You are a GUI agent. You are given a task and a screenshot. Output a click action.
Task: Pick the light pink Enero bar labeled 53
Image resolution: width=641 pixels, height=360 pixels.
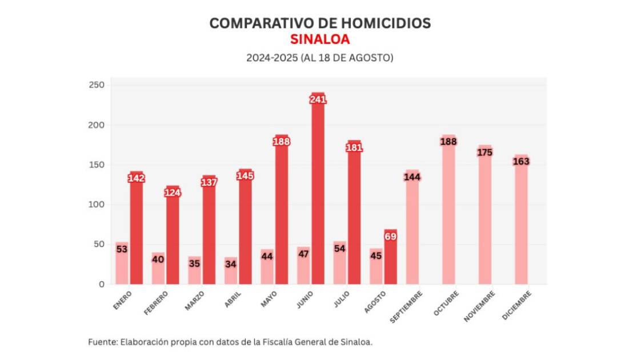point(122,269)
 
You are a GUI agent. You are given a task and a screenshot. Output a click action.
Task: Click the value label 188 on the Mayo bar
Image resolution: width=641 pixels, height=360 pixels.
point(282,142)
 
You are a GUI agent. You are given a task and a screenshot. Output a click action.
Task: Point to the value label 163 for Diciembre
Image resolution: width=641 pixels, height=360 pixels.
point(521,161)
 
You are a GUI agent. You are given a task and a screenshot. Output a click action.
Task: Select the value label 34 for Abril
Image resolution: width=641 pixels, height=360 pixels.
point(231,264)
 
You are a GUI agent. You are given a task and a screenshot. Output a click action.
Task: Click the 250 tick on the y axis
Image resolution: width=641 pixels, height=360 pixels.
point(97,85)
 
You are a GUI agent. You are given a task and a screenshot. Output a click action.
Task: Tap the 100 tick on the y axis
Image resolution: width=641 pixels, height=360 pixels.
point(97,205)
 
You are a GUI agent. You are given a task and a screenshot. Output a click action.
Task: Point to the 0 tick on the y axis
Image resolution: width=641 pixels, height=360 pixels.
point(101,284)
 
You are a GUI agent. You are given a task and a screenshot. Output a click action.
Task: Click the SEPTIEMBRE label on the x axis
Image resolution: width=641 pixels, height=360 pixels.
point(407,306)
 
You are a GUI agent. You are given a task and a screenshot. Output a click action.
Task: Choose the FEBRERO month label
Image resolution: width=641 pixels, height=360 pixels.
point(157,303)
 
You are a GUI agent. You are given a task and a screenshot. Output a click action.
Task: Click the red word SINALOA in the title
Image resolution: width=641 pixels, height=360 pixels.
point(320,40)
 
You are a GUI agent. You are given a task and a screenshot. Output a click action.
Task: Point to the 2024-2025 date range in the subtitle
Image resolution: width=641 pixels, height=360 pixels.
point(271,58)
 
